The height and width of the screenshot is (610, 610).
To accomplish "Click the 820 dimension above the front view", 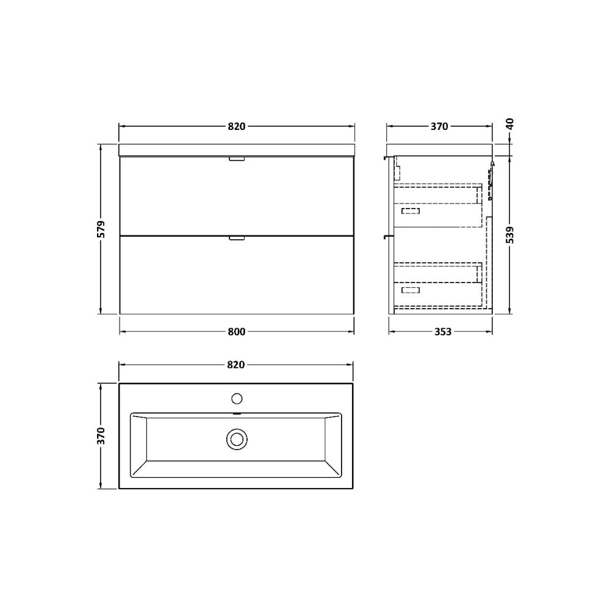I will pyautogui.click(x=237, y=126).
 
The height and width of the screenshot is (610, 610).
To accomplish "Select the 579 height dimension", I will pyautogui.click(x=101, y=229).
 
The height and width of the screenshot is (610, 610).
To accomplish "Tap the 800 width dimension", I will pyautogui.click(x=237, y=332).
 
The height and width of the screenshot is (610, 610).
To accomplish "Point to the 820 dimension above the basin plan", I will pyautogui.click(x=236, y=364).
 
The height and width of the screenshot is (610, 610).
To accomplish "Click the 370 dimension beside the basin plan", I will pyautogui.click(x=101, y=436).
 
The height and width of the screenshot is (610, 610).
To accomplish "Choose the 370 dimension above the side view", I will pyautogui.click(x=439, y=127).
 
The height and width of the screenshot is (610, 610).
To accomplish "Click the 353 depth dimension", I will pyautogui.click(x=443, y=332).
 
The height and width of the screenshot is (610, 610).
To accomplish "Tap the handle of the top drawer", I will pyautogui.click(x=236, y=159).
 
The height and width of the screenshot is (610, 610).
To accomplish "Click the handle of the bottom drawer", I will pyautogui.click(x=236, y=239).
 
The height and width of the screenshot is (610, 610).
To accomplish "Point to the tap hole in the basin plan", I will pyautogui.click(x=237, y=399).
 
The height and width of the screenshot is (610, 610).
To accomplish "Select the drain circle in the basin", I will pyautogui.click(x=236, y=438).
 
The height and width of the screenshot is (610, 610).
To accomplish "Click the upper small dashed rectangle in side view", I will pyautogui.click(x=411, y=211).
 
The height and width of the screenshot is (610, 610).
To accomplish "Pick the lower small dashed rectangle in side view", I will pyautogui.click(x=411, y=290).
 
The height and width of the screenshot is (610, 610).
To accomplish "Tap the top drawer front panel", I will pyautogui.click(x=237, y=196).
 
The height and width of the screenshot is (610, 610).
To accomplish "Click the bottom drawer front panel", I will pyautogui.click(x=237, y=276).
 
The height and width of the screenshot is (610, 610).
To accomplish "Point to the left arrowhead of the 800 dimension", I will pyautogui.click(x=121, y=332).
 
